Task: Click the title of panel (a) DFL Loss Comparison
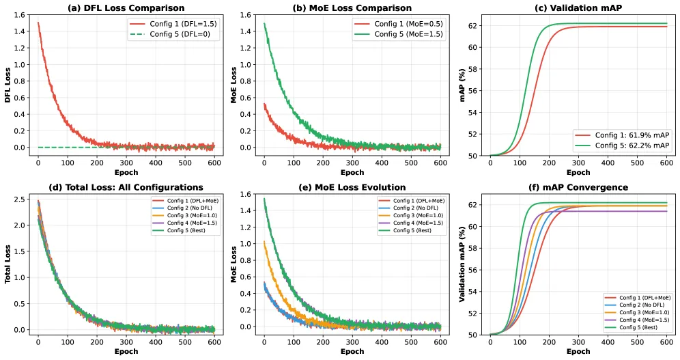(x=126, y=8)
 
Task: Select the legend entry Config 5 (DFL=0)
(x=180, y=34)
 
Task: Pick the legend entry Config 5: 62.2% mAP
(x=632, y=146)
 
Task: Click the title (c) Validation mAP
(x=578, y=8)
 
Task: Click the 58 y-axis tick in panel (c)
(x=474, y=69)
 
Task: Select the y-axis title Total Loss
(x=8, y=264)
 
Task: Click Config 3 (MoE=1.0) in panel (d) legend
(x=192, y=215)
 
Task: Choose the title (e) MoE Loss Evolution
(x=352, y=187)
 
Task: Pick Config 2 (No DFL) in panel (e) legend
(x=416, y=208)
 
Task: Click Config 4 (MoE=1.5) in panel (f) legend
(x=644, y=320)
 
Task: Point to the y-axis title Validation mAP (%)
(x=462, y=264)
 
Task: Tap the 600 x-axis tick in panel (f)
(x=666, y=342)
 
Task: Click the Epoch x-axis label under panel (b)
(x=352, y=172)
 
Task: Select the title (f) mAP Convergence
(x=578, y=187)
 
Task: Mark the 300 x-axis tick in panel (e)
(x=352, y=342)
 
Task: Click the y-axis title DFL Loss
(x=8, y=85)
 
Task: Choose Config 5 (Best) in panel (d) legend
(x=186, y=230)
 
